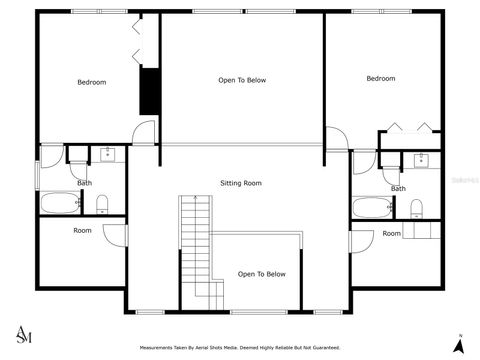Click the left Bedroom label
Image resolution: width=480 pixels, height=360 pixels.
coord(92,82)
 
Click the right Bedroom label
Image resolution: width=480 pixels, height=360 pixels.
coord(380,79)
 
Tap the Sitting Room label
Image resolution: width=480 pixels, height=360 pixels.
coord(241,183)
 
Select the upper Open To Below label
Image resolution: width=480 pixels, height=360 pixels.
coord(242,80)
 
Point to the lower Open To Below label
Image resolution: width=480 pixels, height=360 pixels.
coord(262,274)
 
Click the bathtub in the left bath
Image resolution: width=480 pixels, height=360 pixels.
coord(61,204)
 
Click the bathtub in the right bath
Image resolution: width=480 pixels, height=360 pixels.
coord(372,209)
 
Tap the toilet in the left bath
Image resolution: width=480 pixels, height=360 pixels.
coord(103,205)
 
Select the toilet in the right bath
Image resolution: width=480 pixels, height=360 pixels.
coord(417,209)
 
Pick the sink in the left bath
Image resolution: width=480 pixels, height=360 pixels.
coord(106,154)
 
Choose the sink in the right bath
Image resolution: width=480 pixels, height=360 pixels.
coord(421,159)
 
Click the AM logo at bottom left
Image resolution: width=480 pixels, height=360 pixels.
coord(24,333)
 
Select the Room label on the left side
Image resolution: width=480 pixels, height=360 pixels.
coord(83,231)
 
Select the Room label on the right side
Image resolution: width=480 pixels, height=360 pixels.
coord(392,234)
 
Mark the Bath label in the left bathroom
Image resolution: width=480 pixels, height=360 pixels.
coord(85,183)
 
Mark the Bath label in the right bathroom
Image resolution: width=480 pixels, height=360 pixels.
coord(398,188)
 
